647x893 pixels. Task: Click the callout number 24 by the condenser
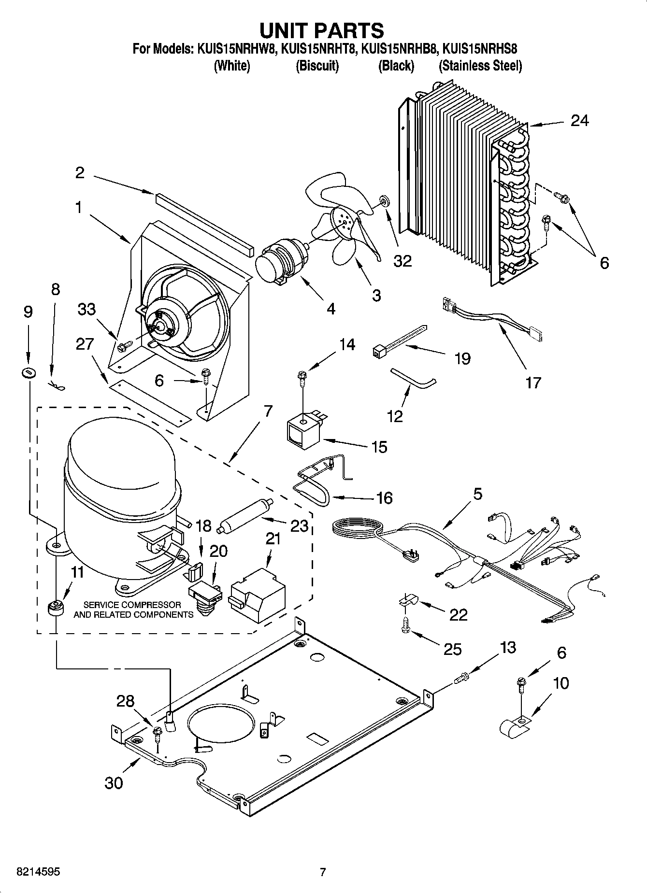[579, 120]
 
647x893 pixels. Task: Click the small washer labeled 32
[385, 200]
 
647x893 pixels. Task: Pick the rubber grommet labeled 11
[57, 608]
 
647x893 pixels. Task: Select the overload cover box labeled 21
[257, 594]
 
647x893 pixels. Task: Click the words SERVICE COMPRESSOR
[132, 605]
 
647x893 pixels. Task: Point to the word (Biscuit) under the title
[317, 66]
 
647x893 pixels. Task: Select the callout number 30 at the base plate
[114, 783]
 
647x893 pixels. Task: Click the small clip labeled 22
[407, 600]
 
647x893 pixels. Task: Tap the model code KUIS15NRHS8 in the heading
[480, 49]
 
